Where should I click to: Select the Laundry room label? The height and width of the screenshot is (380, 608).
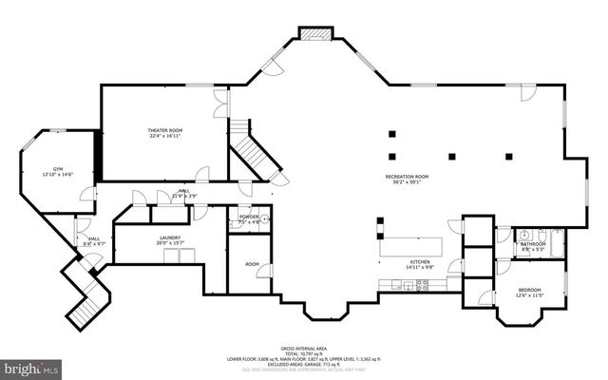[170, 240]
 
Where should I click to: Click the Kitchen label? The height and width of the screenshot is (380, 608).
[420, 263]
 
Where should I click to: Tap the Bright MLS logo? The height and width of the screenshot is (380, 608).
[31, 366]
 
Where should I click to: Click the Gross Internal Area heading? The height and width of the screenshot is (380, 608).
[303, 349]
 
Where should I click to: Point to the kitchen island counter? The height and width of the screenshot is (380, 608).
[412, 247]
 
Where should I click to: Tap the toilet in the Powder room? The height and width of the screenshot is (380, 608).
[265, 218]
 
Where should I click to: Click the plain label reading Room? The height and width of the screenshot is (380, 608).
[252, 264]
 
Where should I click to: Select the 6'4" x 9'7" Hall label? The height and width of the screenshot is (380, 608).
[94, 241]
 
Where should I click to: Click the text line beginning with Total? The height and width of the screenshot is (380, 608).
[303, 354]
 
